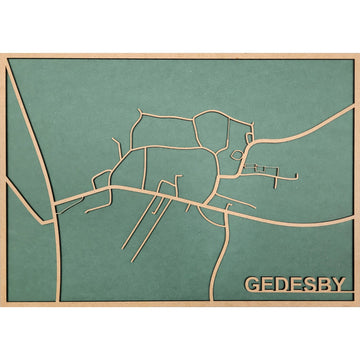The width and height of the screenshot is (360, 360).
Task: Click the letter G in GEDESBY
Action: pos(253,284)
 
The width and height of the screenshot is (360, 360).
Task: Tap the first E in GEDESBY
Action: pos(269,284)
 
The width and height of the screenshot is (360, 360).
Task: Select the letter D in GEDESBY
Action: pos(284,284)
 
